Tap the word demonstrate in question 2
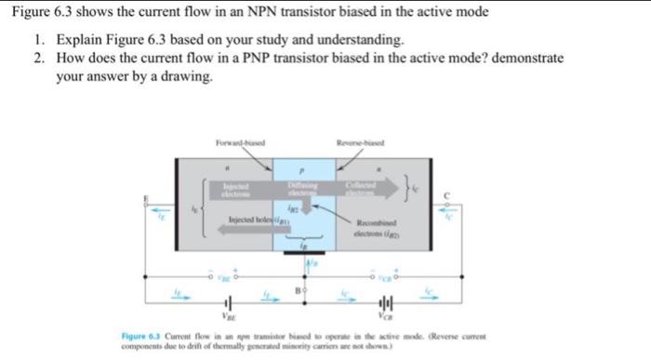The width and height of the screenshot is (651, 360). coord(527,58)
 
